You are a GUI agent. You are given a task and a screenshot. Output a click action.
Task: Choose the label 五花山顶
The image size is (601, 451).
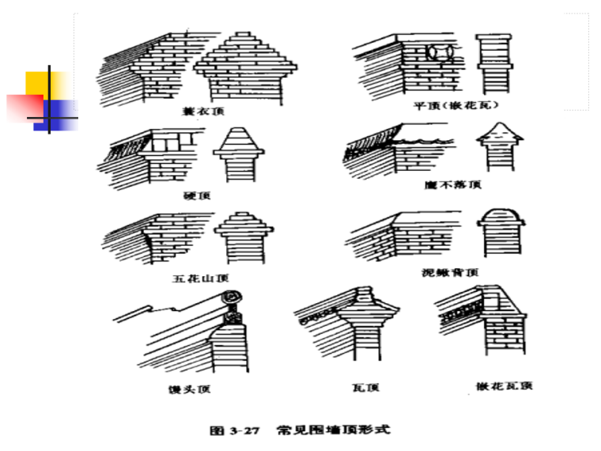[199, 278]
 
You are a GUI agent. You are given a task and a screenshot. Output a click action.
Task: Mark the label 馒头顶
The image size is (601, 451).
[195, 388]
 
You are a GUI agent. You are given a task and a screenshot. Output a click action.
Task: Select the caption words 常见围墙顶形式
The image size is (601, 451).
[332, 431]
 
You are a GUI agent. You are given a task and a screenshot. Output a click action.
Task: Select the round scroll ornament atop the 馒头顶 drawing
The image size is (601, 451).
[232, 299]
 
